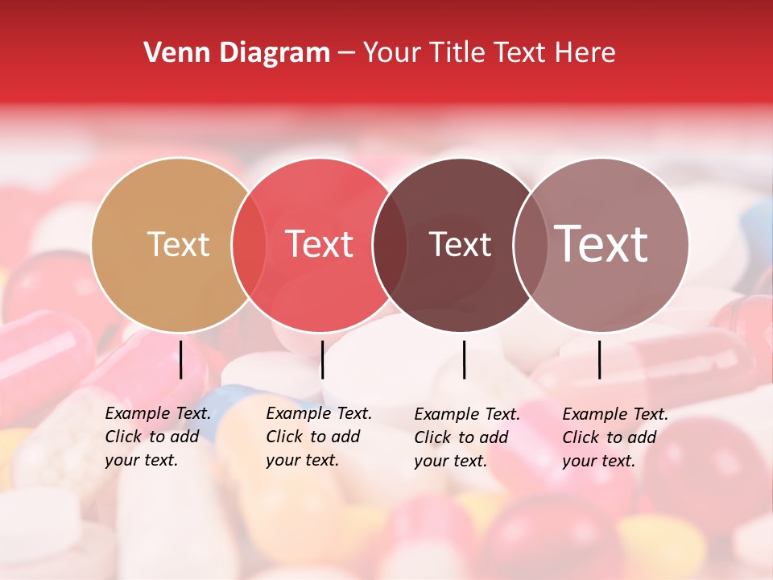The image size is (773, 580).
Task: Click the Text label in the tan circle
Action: point(178,244)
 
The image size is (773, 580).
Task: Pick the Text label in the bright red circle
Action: point(320,244)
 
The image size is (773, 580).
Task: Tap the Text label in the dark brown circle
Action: point(460,244)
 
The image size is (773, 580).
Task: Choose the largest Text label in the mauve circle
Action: point(601,244)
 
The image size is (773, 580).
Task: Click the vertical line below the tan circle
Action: point(181,359)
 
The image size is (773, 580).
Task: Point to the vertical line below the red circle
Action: point(322,359)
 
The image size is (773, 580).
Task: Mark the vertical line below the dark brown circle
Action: point(465,359)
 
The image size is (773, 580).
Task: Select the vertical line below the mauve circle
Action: point(600,359)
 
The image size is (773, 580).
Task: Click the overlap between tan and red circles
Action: point(249,244)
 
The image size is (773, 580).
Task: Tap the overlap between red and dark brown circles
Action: point(390,244)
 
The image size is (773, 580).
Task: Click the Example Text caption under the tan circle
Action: point(158,437)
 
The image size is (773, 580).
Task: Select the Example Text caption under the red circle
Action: point(319,437)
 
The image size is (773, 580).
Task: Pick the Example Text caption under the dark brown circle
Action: point(467,437)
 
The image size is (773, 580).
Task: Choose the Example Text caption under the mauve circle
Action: point(615,437)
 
